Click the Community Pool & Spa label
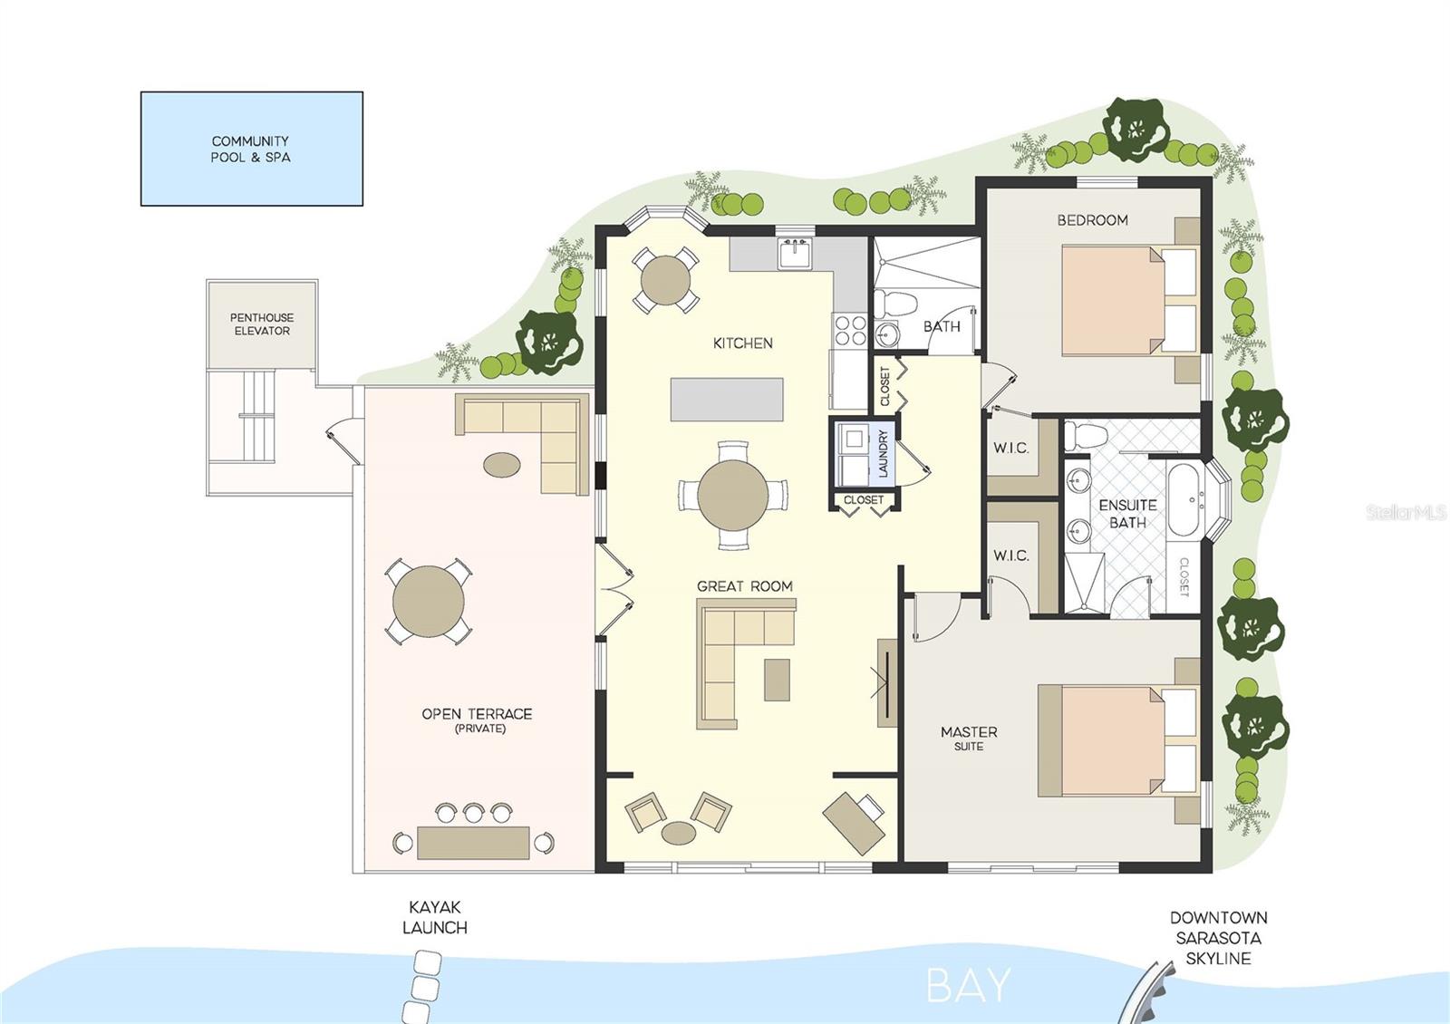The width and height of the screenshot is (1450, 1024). (250, 149)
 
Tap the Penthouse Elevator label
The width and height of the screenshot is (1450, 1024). (262, 324)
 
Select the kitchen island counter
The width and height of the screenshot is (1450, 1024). (727, 400)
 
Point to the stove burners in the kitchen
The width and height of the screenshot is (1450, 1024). (849, 330)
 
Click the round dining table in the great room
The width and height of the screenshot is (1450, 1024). (732, 496)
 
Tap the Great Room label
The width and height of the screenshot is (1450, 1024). (744, 586)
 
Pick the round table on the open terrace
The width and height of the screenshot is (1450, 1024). (428, 602)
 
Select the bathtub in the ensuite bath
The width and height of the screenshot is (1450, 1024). (1184, 501)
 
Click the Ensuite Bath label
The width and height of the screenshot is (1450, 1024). (1127, 513)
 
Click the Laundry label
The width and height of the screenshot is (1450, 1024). (884, 454)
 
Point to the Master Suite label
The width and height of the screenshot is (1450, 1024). (969, 737)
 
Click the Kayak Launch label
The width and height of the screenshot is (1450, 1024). (435, 917)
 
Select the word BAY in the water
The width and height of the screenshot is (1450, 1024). (968, 986)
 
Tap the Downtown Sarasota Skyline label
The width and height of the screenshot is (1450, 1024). (1217, 938)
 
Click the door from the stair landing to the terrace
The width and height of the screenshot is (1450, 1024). (336, 444)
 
